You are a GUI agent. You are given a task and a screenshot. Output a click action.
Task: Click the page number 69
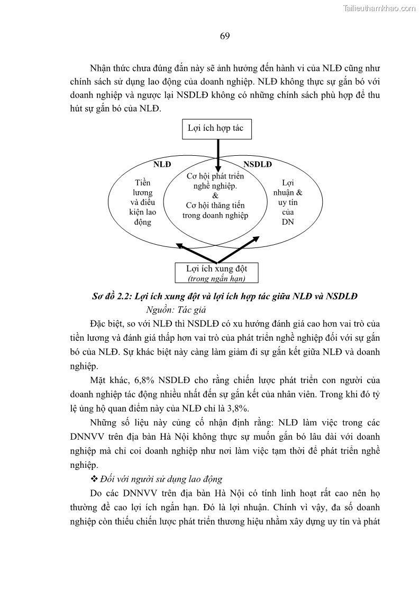[x=224, y=36]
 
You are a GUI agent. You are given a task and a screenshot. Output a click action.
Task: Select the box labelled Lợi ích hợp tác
[x=216, y=129]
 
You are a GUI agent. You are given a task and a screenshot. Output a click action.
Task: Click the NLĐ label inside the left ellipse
[x=162, y=164]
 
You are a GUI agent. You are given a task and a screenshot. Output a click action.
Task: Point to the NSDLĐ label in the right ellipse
[x=258, y=164]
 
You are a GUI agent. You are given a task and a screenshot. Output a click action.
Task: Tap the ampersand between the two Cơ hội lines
[x=215, y=196]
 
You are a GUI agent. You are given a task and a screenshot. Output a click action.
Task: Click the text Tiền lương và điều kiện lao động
[x=142, y=202]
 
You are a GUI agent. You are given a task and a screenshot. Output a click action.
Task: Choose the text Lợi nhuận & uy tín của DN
[x=288, y=202]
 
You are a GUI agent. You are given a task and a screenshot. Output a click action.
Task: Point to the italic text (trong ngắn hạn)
[x=216, y=279]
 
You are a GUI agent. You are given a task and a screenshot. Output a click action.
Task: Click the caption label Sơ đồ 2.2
[x=111, y=296]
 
